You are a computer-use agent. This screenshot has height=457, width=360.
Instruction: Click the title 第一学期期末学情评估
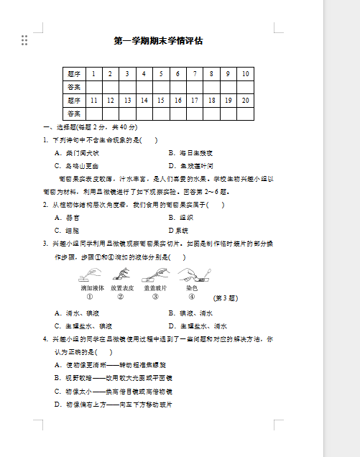(158, 41)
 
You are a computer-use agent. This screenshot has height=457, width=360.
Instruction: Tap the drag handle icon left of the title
(24, 40)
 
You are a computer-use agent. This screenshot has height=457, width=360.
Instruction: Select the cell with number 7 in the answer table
(194, 73)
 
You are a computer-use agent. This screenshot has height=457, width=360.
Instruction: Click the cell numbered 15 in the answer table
(160, 100)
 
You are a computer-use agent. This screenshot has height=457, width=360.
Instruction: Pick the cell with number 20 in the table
(246, 100)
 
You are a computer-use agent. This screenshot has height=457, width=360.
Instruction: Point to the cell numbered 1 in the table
(93, 73)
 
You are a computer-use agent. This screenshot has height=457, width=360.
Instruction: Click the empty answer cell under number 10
(246, 87)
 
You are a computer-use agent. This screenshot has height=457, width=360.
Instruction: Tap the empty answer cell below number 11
(93, 114)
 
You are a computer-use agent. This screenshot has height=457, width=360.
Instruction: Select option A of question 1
(77, 153)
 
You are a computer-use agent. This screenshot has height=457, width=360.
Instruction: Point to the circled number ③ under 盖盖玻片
(156, 296)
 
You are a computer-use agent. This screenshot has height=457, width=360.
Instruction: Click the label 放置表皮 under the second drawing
(122, 287)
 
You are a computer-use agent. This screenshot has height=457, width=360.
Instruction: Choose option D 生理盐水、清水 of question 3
(198, 326)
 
